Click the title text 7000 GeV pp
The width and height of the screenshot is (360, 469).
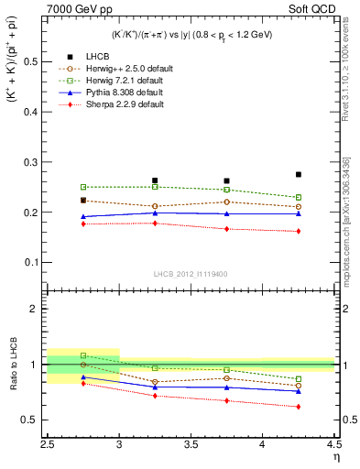(x=75, y=8)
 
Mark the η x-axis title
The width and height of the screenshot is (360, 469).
(x=336, y=457)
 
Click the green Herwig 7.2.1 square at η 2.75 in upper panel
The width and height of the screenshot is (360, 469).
(x=83, y=187)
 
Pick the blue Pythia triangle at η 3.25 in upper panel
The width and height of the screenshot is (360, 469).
(x=155, y=213)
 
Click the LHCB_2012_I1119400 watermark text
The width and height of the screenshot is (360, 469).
(x=191, y=274)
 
